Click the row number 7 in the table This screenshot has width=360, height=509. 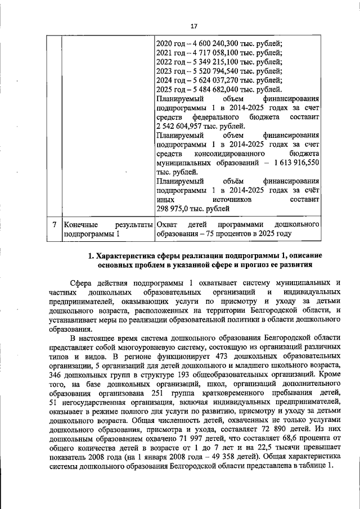(x=53, y=224)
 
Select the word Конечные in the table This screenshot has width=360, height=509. (x=79, y=224)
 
